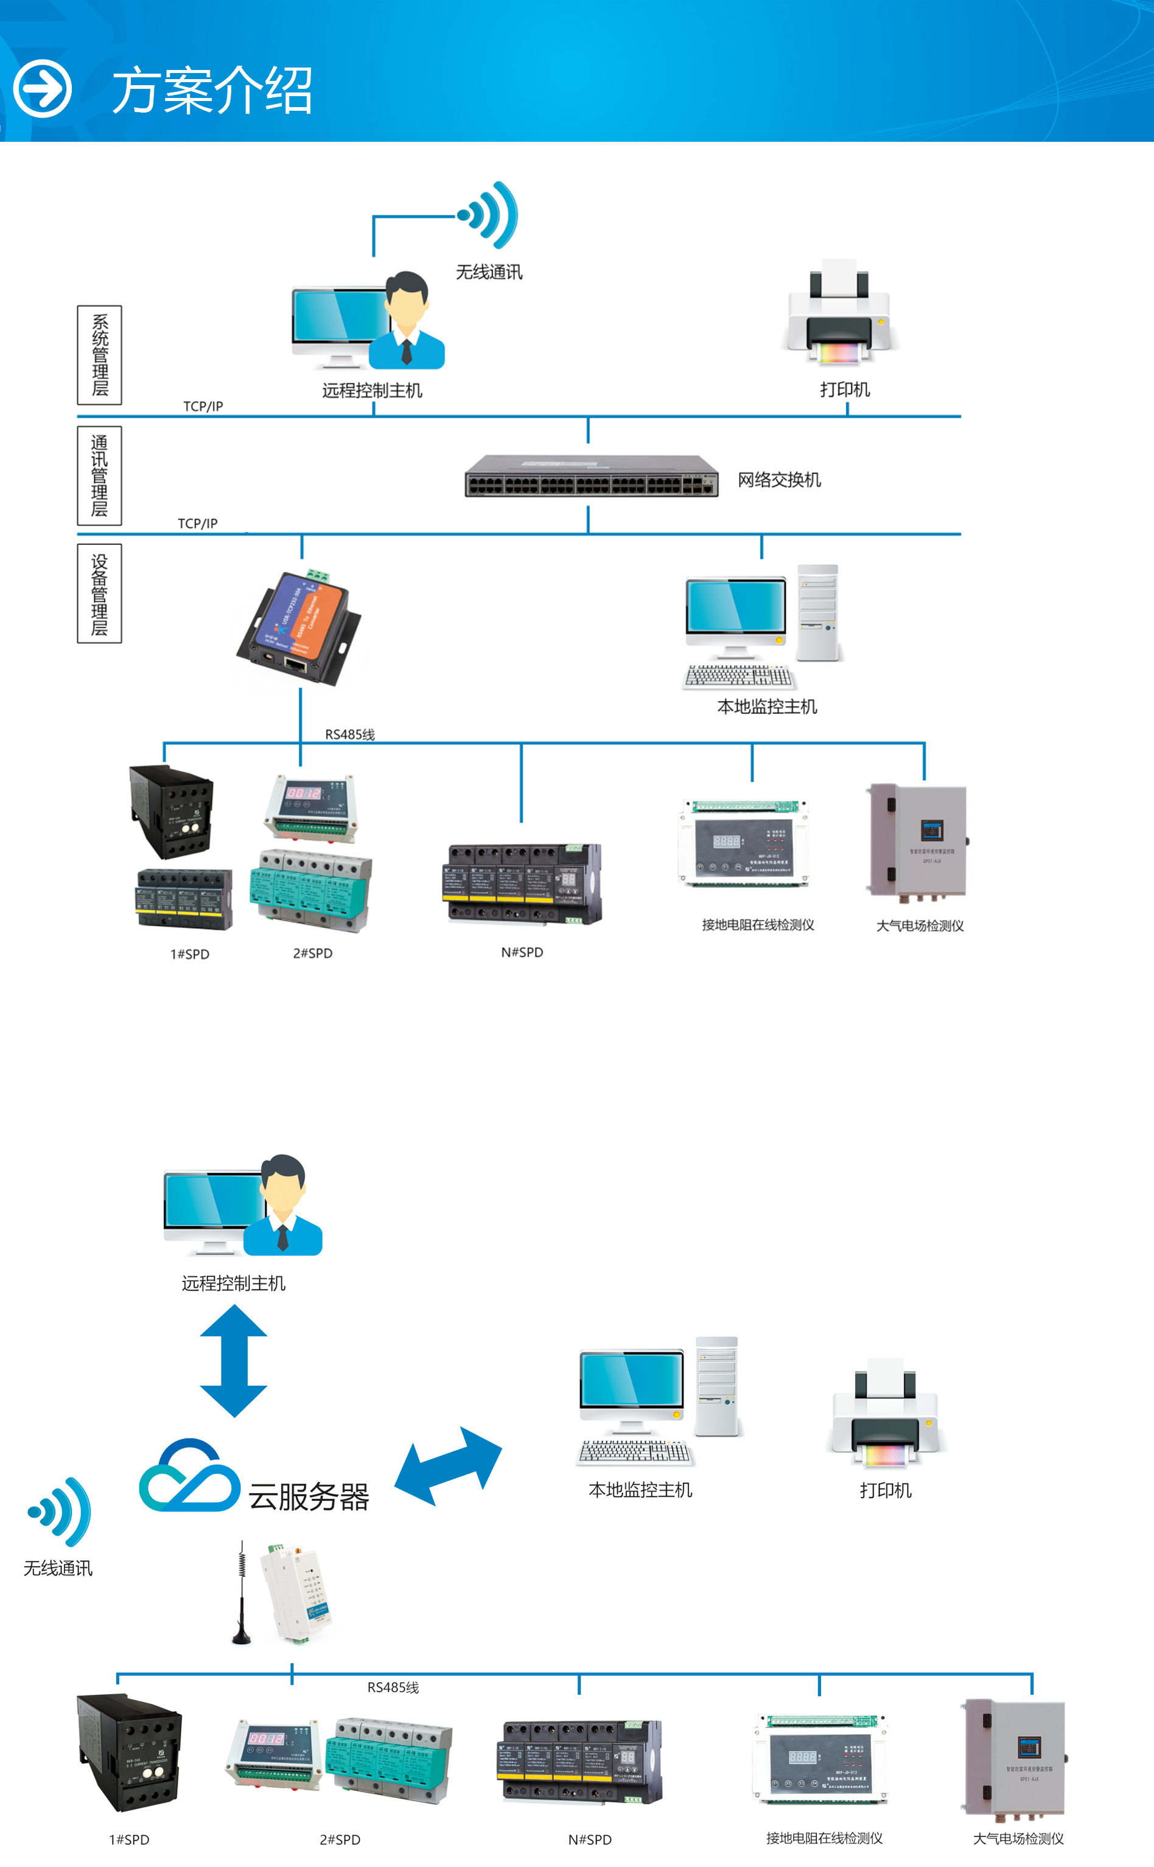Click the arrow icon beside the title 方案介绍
coord(43,88)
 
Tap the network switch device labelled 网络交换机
coord(592,476)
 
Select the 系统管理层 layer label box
coord(99,355)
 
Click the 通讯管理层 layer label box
coord(99,475)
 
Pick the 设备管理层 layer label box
coord(99,593)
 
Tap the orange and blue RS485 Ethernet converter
coord(300,627)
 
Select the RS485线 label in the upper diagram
coord(349,735)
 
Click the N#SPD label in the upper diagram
coord(522,952)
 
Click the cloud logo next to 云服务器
coord(189,1476)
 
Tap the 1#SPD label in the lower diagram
coord(129,1840)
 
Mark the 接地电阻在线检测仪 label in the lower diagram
coord(824,1838)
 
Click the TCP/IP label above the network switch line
coord(203,407)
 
